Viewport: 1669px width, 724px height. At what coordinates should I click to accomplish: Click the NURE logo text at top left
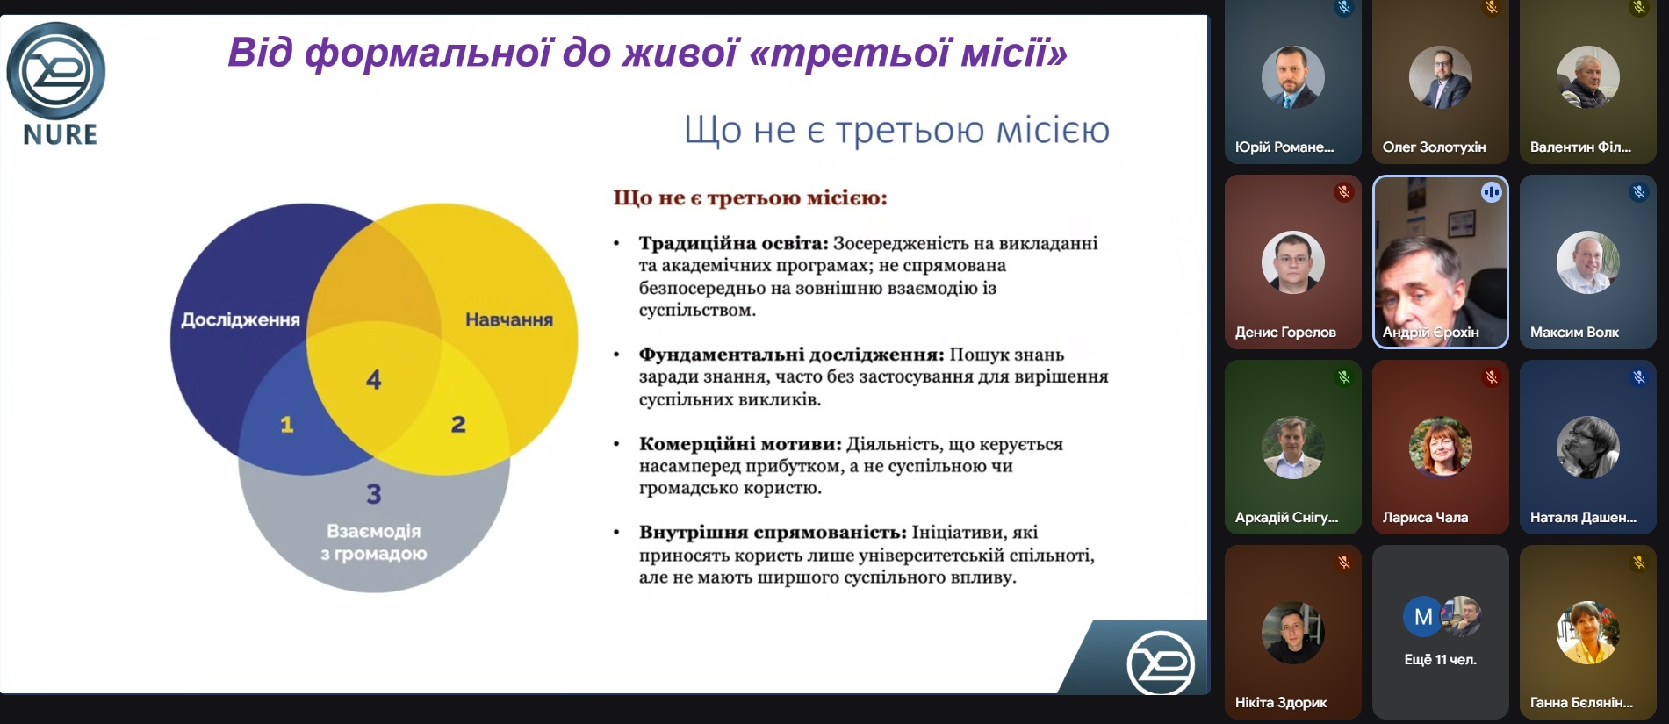coord(61,134)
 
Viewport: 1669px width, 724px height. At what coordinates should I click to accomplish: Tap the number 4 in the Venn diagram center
coord(374,379)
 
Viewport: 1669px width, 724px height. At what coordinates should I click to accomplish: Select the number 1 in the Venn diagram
coord(286,425)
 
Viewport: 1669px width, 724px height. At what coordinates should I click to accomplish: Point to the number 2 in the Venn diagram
coord(458,425)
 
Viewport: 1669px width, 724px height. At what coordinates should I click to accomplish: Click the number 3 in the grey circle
coord(374,494)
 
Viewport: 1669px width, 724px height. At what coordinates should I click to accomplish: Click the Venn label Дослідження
coord(241,320)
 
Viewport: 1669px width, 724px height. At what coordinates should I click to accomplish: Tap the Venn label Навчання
coord(509,320)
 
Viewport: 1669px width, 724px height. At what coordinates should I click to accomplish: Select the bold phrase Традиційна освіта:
coord(734,243)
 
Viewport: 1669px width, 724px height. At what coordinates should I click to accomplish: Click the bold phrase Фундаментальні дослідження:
coord(791,355)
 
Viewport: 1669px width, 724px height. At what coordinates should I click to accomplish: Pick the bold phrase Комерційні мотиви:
coord(740,444)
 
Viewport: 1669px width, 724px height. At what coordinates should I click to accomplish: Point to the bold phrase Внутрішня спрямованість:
coord(773,532)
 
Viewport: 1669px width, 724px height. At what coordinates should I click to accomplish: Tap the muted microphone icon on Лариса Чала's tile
coord(1491,377)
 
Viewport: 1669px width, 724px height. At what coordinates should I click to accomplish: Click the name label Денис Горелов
coord(1285,332)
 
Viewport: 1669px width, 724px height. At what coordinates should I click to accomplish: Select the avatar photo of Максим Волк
coord(1587,262)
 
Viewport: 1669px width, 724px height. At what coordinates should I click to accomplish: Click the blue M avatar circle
coord(1423,617)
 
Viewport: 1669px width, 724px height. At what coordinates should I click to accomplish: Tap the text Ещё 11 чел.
coord(1440,659)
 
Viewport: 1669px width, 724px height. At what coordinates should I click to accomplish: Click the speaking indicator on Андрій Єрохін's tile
coord(1491,192)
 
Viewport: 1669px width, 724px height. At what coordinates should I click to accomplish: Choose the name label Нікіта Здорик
coord(1281,702)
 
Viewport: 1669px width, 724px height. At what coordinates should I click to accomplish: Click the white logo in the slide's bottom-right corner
coord(1161,663)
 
